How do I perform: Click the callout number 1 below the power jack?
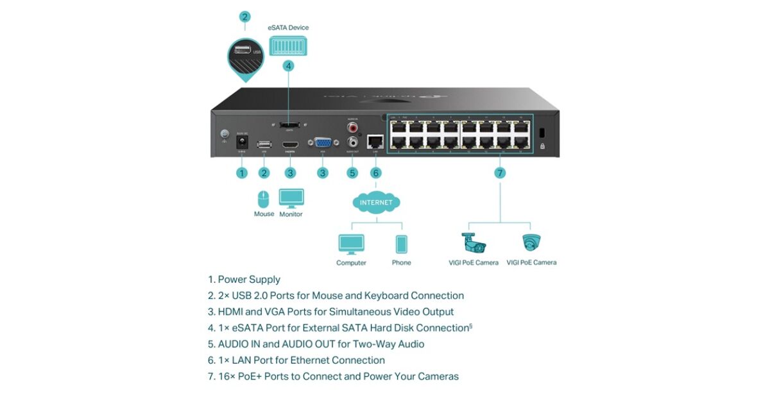coord(242,173)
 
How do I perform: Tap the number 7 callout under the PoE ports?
coord(500,173)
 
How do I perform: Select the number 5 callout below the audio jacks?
coord(352,173)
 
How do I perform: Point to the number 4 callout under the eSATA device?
coord(289,65)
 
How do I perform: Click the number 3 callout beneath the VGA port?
coord(323,173)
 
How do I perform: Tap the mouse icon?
coord(264,198)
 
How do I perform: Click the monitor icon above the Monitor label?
coord(291,198)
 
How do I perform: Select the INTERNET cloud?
coord(376,203)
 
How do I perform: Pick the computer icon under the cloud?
coord(351,244)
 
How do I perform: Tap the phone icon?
coord(401,244)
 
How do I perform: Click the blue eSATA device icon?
coord(288,45)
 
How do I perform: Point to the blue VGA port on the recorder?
coord(323,144)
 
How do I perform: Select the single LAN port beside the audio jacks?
coord(375,142)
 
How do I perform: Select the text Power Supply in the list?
coord(249,280)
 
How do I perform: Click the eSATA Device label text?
coord(288,28)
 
